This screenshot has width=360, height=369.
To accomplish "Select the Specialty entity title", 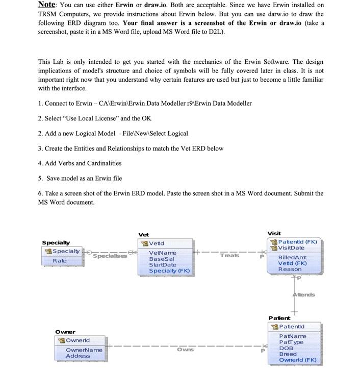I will (x=56, y=242).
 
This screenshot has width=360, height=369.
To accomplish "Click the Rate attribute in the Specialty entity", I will (x=60, y=261).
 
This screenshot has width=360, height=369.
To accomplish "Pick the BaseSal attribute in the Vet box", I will (x=161, y=259).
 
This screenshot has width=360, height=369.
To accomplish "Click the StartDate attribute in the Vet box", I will (x=162, y=265).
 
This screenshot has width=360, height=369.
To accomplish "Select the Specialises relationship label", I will (x=110, y=256).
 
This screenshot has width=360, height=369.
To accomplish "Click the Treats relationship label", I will (x=229, y=255).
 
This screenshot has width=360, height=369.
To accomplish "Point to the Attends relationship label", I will (x=303, y=294).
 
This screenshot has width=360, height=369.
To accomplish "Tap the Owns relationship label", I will (x=185, y=350).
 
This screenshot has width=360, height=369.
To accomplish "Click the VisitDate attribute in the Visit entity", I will (x=291, y=248).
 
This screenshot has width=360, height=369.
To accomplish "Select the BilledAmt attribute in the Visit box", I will (x=292, y=258).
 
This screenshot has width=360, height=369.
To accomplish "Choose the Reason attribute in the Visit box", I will (x=290, y=269).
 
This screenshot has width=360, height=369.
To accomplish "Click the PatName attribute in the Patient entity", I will (x=293, y=336).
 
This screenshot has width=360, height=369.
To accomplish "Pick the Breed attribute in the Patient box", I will (x=288, y=354).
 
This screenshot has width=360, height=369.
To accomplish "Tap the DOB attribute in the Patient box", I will (x=286, y=348).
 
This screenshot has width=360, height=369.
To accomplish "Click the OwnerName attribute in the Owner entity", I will (x=84, y=350).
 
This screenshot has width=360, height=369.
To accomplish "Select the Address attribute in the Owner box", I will (x=78, y=356).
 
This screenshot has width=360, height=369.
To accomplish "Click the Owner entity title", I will (x=65, y=332).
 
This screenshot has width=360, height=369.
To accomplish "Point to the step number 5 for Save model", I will (x=40, y=178).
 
